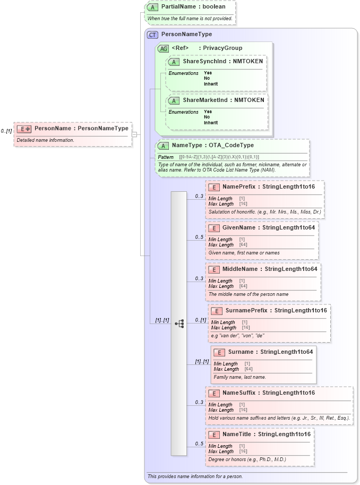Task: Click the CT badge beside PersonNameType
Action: click(x=153, y=35)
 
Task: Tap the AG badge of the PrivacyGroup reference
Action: click(x=163, y=48)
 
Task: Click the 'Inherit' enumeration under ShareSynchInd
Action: click(x=211, y=84)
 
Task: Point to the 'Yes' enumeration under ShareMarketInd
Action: click(x=208, y=112)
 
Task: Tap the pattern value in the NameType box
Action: click(x=219, y=157)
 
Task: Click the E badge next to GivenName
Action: click(x=214, y=228)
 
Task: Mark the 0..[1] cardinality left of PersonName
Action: click(x=6, y=131)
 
